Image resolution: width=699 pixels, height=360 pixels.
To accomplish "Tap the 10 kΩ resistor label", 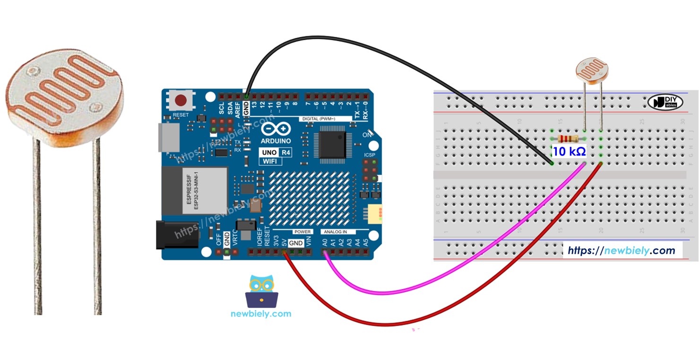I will (570, 152).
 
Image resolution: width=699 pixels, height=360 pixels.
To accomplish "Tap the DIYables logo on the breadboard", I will (665, 102).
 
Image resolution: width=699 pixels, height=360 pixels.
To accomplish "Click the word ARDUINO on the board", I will (276, 141).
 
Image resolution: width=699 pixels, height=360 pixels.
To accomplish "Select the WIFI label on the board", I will (270, 161).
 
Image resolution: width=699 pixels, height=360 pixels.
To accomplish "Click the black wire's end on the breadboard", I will (552, 163).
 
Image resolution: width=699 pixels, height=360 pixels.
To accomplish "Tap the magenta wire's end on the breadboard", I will (585, 164).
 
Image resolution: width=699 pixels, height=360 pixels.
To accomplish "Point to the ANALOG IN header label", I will (335, 232).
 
